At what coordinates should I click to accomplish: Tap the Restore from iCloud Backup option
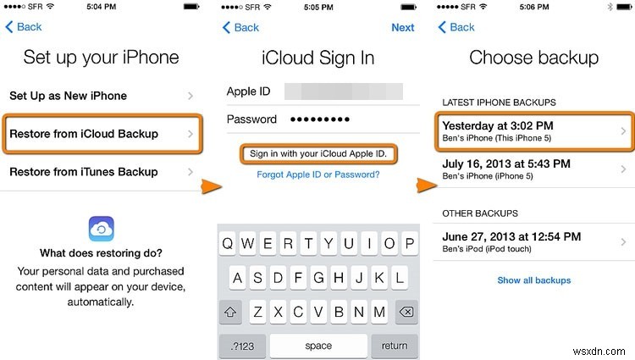pos(102,134)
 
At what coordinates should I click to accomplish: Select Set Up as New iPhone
pos(102,96)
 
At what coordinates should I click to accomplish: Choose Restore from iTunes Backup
pos(102,172)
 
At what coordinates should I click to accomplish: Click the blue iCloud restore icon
pos(102,228)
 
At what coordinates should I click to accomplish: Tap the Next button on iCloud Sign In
pos(403,27)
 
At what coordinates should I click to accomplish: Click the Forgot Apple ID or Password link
pos(318,175)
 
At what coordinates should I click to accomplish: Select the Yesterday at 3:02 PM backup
pos(533,131)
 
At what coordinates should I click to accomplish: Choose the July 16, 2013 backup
pos(533,169)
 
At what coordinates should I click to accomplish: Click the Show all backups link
pos(533,280)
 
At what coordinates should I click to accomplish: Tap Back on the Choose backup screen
pos(456,27)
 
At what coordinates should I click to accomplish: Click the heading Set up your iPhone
pos(102,58)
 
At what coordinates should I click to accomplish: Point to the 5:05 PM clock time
pos(318,8)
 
